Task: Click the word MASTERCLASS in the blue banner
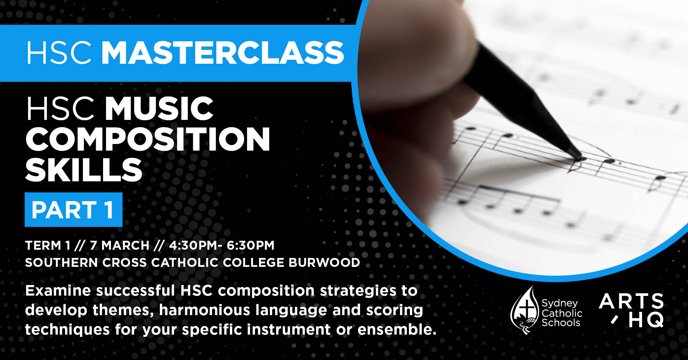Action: click(x=223, y=53)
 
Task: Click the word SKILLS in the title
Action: click(x=84, y=169)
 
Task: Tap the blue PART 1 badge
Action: click(x=73, y=209)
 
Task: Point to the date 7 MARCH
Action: click(x=120, y=245)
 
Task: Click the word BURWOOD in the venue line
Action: click(x=324, y=263)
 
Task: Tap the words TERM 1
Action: click(x=48, y=245)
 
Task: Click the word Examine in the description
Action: click(x=58, y=291)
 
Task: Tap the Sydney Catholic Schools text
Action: click(x=561, y=313)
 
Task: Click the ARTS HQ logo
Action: click(x=631, y=310)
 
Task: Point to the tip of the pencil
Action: click(x=580, y=159)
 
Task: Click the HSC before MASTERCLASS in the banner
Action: click(x=59, y=53)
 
